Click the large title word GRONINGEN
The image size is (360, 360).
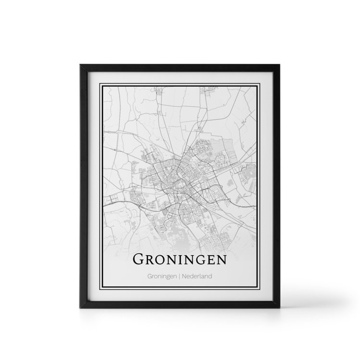coord(179,260)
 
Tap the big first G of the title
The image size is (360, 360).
coord(138,260)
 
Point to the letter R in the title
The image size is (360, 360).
coord(150,261)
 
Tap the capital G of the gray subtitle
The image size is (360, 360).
coord(150,276)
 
